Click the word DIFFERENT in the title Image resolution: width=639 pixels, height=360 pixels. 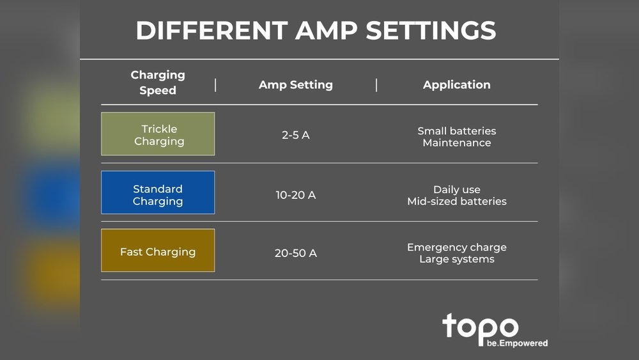pos(212,31)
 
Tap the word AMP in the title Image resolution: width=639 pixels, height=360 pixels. pos(327,31)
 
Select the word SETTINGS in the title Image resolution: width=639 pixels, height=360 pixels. pos(431,31)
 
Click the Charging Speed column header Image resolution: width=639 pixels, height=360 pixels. pos(158,82)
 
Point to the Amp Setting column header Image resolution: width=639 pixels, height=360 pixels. pos(296,85)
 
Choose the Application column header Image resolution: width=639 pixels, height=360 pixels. pos(457,85)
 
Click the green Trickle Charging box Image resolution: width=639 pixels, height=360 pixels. pos(158,134)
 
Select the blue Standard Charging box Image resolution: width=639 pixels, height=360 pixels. pos(158,192)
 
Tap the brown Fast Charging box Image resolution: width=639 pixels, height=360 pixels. pos(158,250)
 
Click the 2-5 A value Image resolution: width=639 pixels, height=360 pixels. pos(296,135)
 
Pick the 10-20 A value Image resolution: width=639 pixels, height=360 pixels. pos(296,195)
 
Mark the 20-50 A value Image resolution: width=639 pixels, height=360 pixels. pos(296,253)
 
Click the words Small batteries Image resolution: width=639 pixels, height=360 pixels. pos(457,131)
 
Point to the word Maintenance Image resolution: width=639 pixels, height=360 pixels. pos(457,143)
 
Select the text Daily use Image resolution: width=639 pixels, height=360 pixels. pos(457,189)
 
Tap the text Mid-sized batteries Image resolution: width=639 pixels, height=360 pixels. pos(457,201)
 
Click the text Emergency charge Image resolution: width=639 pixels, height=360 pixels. pos(457,247)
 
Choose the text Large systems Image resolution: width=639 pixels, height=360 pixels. pos(457,259)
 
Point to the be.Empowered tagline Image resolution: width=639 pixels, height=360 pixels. pos(517,343)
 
